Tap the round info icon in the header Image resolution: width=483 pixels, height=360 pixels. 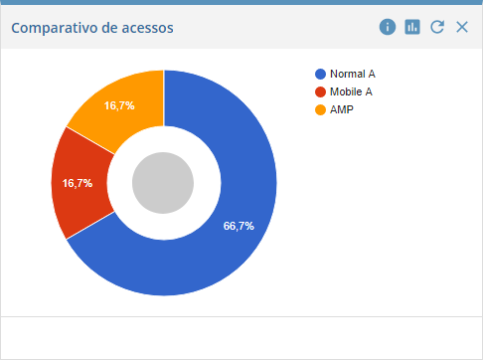(388, 27)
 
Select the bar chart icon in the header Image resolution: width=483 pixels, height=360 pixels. (412, 27)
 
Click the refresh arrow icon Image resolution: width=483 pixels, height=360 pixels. (437, 27)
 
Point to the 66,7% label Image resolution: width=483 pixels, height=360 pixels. (239, 226)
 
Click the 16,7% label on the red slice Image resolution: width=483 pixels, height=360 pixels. (78, 183)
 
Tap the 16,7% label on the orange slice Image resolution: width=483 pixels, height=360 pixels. (119, 104)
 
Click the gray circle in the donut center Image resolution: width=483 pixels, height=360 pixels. (163, 183)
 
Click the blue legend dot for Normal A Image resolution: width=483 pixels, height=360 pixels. (320, 75)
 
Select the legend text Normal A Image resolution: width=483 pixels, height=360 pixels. (352, 75)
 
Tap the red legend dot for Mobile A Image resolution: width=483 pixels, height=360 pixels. (320, 92)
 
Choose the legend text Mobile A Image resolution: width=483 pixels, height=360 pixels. (352, 92)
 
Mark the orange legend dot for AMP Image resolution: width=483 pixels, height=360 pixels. (320, 109)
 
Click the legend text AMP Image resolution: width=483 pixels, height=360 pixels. (341, 109)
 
